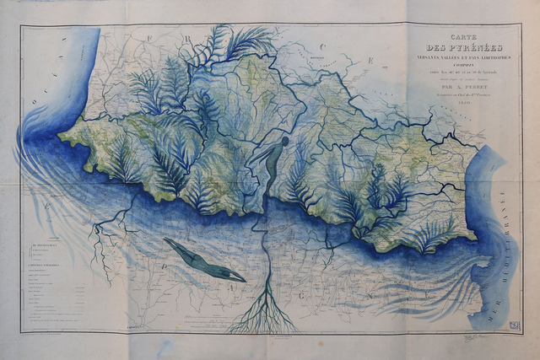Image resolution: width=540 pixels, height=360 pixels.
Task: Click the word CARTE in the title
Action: [x=463, y=39]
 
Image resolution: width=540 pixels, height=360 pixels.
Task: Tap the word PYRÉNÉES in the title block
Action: [x=463, y=49]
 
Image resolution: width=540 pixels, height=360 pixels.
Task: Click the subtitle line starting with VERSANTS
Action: [x=463, y=59]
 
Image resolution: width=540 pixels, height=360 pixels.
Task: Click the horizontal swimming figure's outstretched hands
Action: [x=167, y=241]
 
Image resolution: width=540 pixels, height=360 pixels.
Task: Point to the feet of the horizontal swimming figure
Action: [x=240, y=278]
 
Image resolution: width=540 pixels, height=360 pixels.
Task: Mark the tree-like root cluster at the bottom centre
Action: [x=263, y=317]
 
